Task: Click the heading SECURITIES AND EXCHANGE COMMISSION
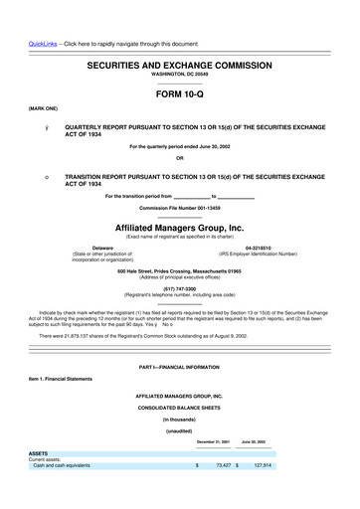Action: pyautogui.click(x=180, y=63)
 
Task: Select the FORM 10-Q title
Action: pyautogui.click(x=180, y=95)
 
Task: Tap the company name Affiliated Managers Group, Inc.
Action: pyautogui.click(x=179, y=227)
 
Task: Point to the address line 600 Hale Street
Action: pyautogui.click(x=179, y=271)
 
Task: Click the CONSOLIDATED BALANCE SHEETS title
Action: pyautogui.click(x=179, y=408)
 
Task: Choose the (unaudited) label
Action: pyautogui.click(x=179, y=430)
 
